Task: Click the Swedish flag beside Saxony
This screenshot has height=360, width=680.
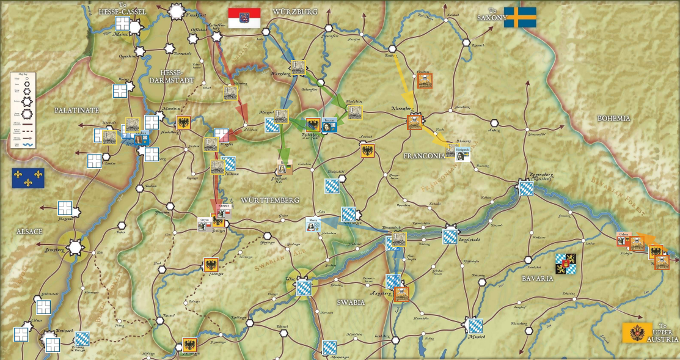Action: (520, 17)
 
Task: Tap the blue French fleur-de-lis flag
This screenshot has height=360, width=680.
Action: (29, 177)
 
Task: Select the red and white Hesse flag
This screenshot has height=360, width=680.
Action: (244, 18)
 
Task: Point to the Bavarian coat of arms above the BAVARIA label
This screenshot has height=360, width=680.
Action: (565, 263)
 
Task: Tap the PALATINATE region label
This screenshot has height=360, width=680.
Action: (76, 110)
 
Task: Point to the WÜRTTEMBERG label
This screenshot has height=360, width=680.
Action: (269, 200)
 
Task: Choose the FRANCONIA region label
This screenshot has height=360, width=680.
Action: (424, 156)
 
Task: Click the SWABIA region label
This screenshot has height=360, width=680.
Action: (351, 303)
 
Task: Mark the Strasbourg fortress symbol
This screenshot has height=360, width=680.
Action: (75, 246)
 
